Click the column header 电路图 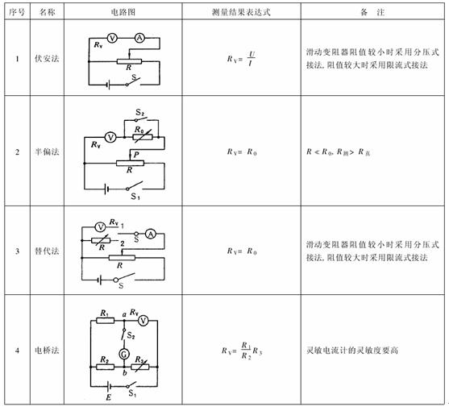(123, 12)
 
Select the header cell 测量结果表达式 (241, 12)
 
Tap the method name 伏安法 (47, 59)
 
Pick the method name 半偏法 (47, 151)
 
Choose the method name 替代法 (47, 251)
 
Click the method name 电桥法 (47, 350)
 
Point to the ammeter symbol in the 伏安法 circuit (139, 38)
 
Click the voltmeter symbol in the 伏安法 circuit (112, 38)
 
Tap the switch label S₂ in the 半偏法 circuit (140, 113)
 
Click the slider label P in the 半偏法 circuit (136, 155)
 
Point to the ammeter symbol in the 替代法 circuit (151, 234)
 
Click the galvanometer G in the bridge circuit (124, 355)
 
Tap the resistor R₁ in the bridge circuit (105, 321)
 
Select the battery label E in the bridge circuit (109, 397)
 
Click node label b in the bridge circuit (125, 373)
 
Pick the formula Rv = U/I (241, 59)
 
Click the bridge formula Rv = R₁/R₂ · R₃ (242, 351)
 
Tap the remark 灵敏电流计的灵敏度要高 (352, 350)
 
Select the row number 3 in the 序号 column (17, 251)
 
